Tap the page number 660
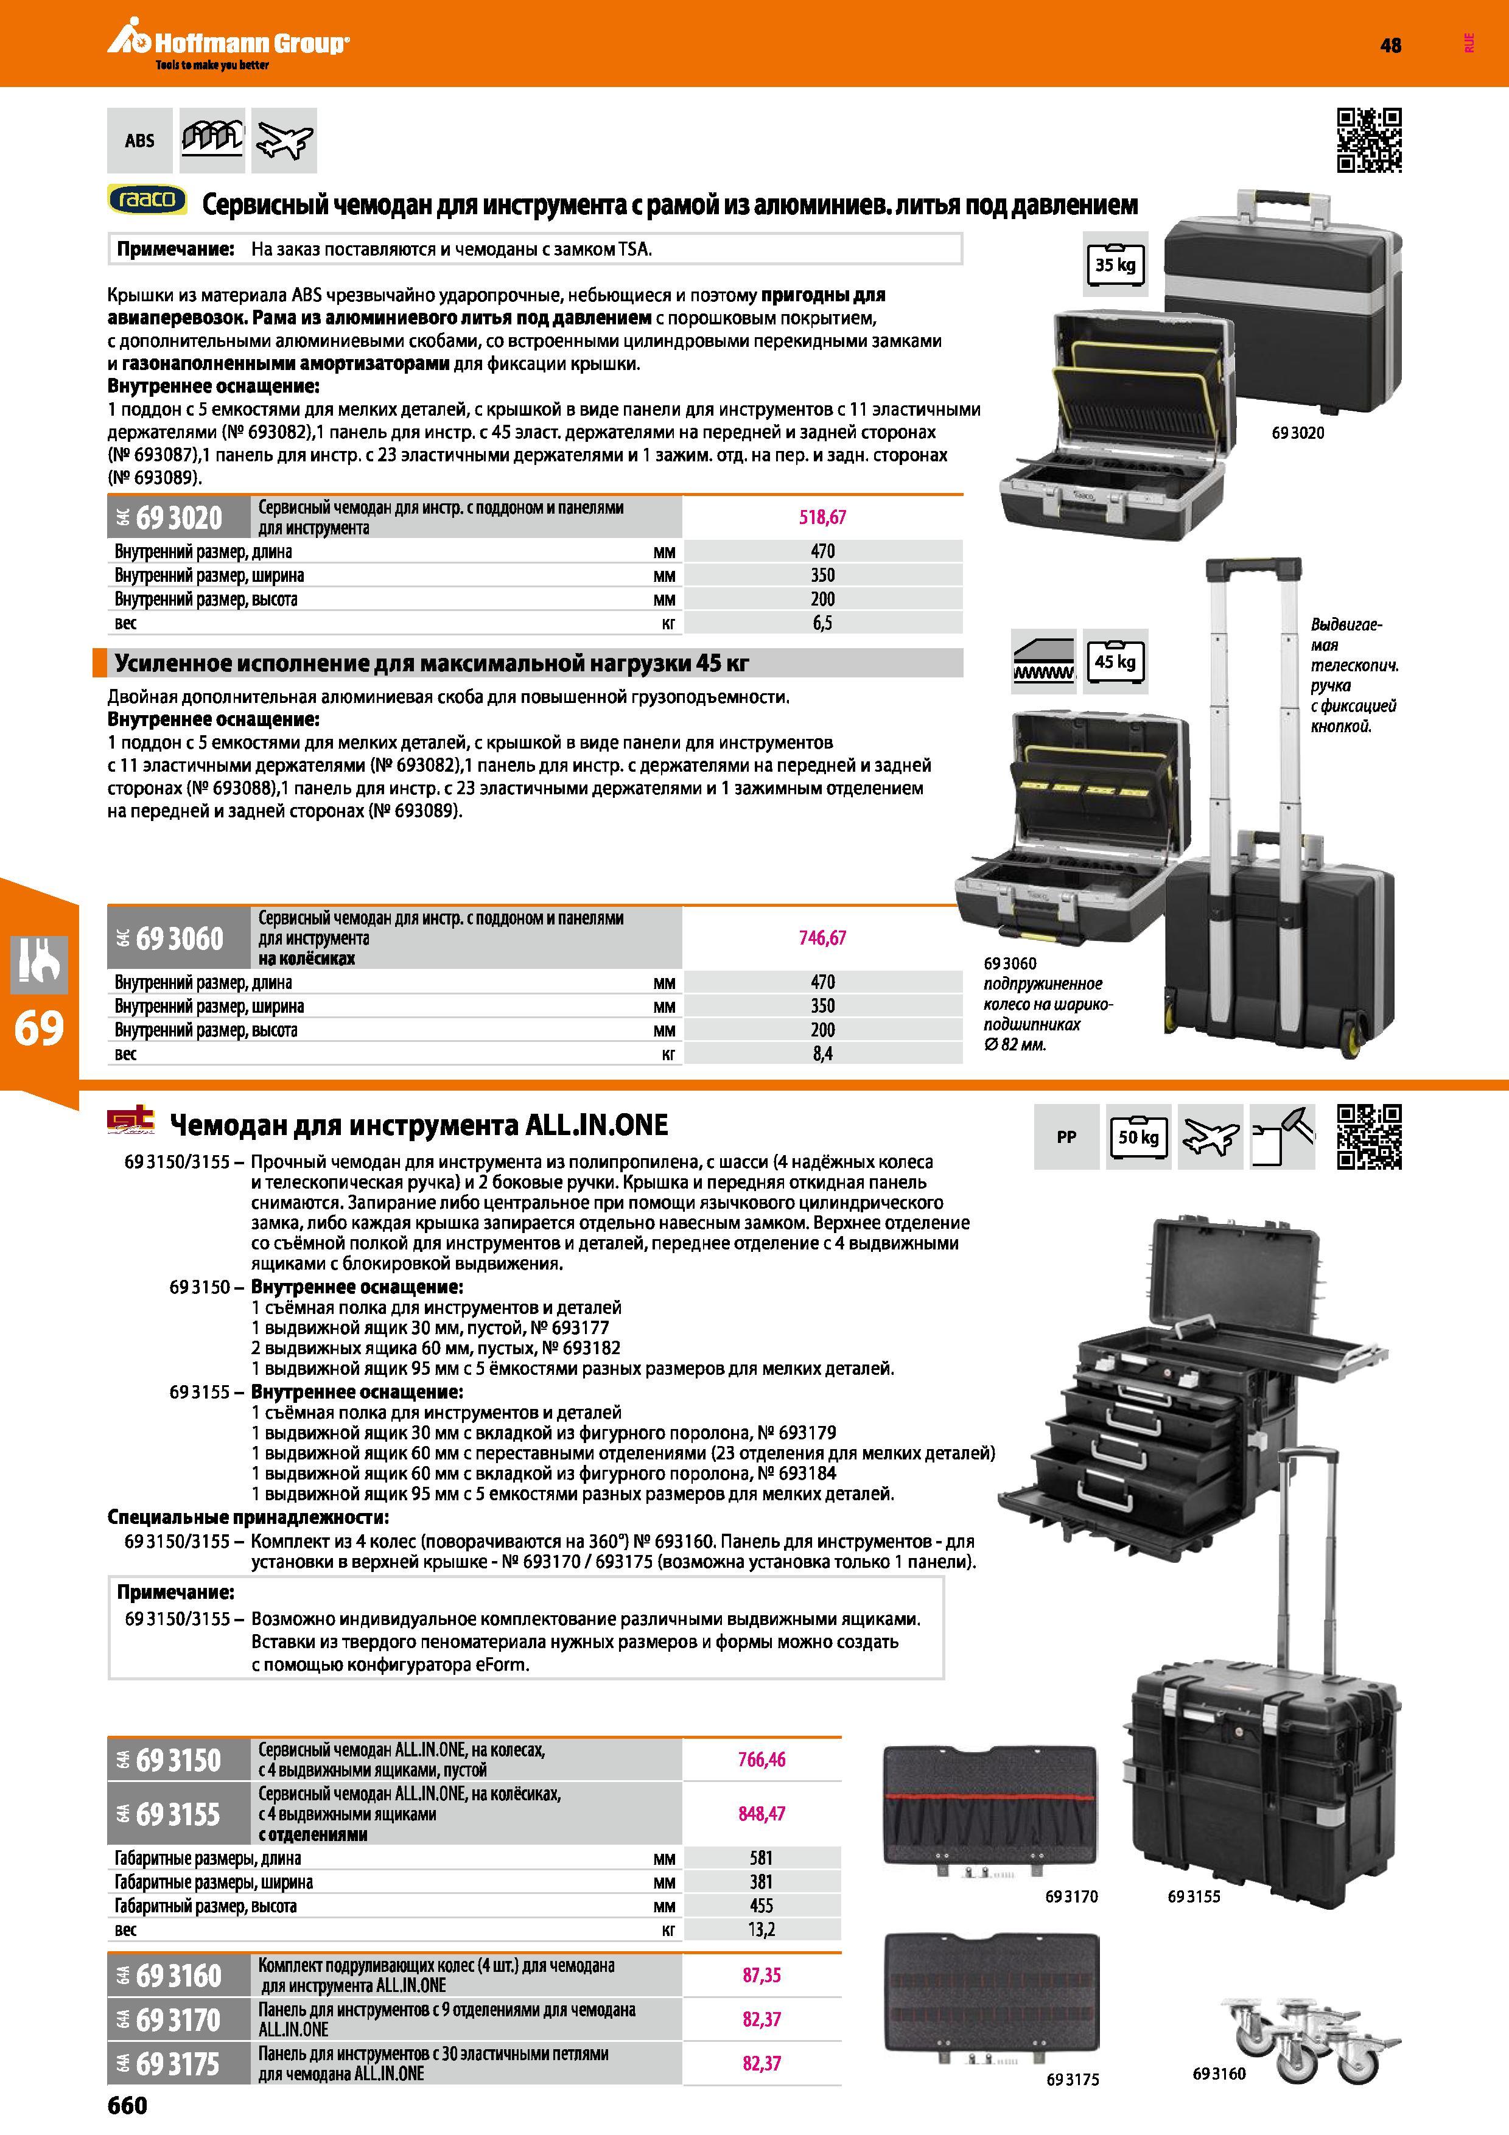127,2105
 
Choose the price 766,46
762,1759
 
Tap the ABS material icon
139,141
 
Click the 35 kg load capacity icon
1115,265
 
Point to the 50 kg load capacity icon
1138,1136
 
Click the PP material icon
1066,1136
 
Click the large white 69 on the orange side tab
39,1029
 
